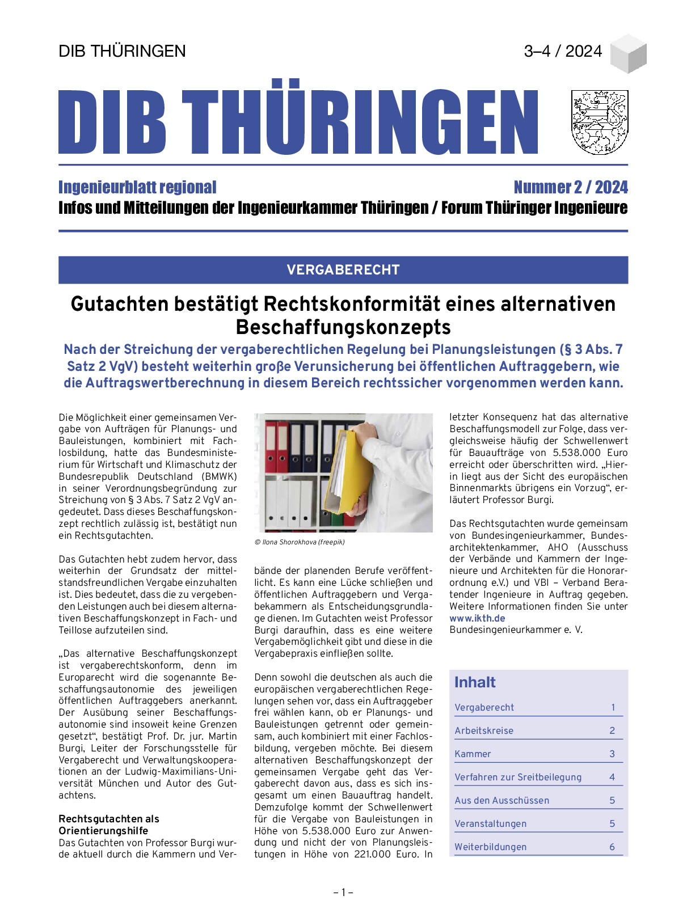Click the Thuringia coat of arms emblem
(x=599, y=122)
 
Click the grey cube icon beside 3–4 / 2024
(x=628, y=53)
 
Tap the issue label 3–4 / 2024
(x=563, y=51)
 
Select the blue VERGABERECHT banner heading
(x=343, y=270)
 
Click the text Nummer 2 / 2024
(x=570, y=187)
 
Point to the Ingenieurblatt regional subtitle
(x=137, y=187)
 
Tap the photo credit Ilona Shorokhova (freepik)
(x=300, y=542)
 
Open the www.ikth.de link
(x=477, y=618)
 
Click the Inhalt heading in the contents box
(x=475, y=682)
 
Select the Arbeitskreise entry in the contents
(x=484, y=730)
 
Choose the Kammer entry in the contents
(x=473, y=754)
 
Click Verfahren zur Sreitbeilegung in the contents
(x=518, y=777)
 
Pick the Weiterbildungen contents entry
(x=490, y=847)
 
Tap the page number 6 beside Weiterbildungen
(x=612, y=847)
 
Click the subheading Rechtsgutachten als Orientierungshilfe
(x=109, y=825)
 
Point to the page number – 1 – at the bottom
(x=343, y=893)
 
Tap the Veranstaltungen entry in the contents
(x=490, y=823)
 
